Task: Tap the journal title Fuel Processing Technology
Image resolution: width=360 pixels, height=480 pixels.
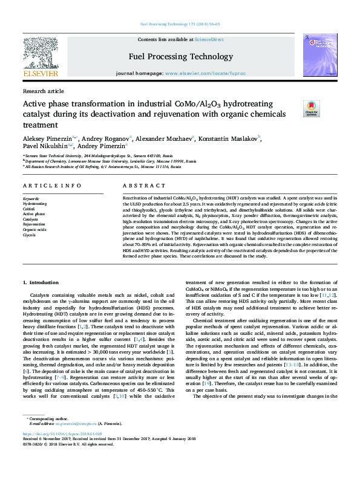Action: [x=180, y=56]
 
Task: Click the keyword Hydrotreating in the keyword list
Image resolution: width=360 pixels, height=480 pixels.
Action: [x=34, y=204]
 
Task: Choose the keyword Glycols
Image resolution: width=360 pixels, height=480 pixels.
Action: [x=29, y=235]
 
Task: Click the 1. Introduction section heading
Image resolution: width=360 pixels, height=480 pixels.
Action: [x=41, y=283]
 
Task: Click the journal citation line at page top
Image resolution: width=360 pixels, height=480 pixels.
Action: [x=180, y=24]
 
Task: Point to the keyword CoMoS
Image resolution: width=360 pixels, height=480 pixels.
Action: [x=30, y=209]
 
